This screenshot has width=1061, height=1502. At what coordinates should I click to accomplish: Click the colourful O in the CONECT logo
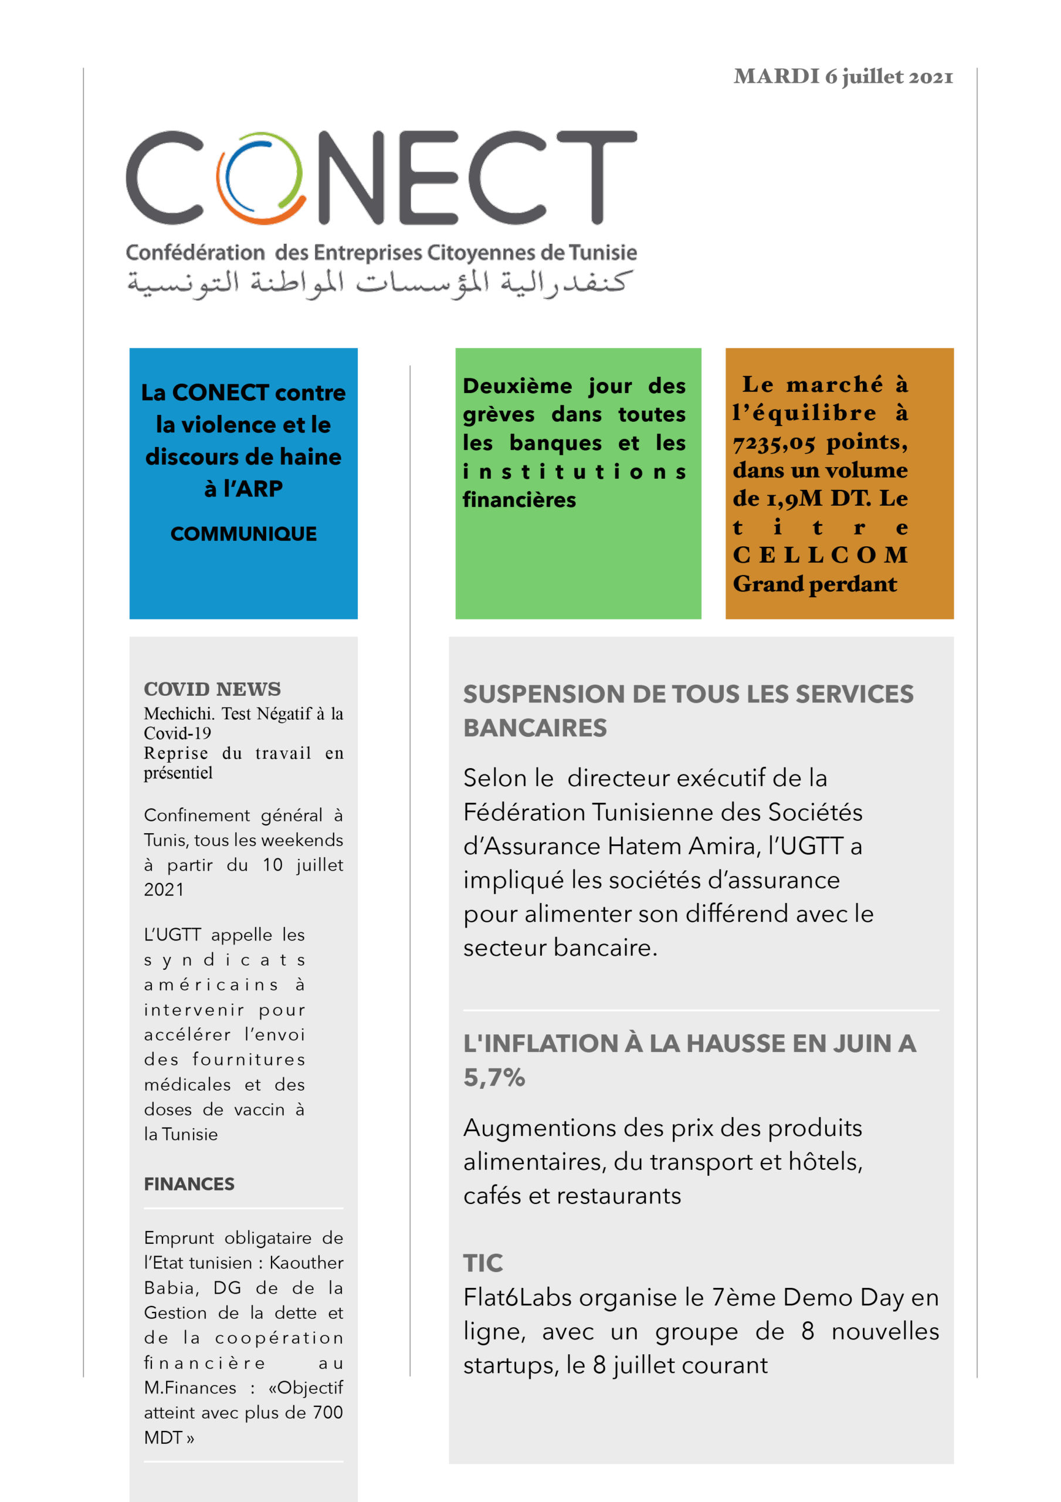pos(260,178)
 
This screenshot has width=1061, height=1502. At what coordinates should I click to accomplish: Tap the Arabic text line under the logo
pos(379,283)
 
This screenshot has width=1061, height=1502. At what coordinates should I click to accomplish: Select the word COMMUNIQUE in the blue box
pos(243,534)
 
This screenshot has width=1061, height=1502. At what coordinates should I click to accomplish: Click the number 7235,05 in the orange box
pos(773,443)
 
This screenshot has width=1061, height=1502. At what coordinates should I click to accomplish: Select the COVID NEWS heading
pos(212,689)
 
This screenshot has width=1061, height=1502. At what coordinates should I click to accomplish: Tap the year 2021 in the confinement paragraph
pos(164,889)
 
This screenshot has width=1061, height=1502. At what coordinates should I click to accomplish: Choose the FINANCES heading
pos(189,1184)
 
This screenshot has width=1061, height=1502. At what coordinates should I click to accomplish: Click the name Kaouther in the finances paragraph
pos(306,1263)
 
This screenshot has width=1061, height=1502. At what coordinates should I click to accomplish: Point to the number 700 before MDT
pos(327,1412)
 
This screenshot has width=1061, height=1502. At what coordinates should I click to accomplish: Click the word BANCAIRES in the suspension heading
pos(535,728)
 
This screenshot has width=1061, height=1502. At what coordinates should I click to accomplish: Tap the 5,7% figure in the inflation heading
pos(494,1077)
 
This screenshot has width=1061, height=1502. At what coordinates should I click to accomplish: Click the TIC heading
pos(483,1263)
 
